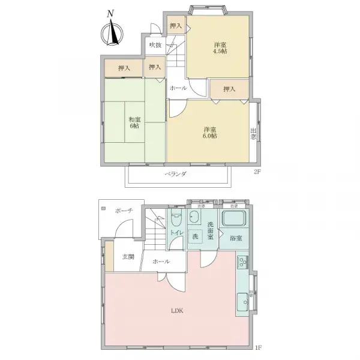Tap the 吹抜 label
tap(155, 45)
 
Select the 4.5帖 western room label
tap(219, 48)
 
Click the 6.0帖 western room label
tap(209, 133)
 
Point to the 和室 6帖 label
tap(133, 123)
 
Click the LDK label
tap(176, 310)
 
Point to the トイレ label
tap(176, 233)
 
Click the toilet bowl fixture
tap(176, 218)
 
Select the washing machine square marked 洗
tap(195, 236)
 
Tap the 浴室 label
tap(236, 238)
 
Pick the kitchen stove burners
tap(243, 262)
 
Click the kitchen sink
tap(242, 299)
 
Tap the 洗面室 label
tap(211, 231)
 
